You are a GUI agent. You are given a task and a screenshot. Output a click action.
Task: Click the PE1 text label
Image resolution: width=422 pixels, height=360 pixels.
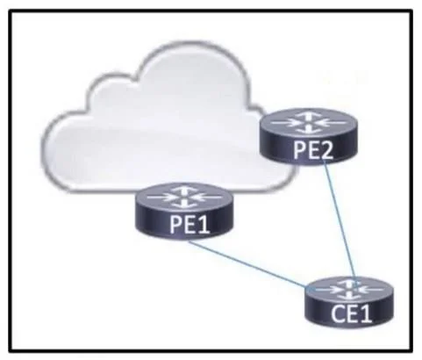pyautogui.click(x=190, y=225)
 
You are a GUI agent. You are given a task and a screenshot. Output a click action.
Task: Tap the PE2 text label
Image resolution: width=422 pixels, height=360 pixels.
pyautogui.click(x=313, y=150)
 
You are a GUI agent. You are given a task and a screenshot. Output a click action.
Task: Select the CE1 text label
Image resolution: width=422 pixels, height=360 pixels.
pyautogui.click(x=351, y=313)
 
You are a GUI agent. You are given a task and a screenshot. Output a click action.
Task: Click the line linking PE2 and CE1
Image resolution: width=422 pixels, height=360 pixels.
pyautogui.click(x=340, y=221)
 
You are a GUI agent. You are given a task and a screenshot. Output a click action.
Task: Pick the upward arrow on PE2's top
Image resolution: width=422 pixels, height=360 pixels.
pyautogui.click(x=309, y=117)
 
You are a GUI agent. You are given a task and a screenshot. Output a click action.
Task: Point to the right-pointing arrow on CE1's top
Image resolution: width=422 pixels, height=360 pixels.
pyautogui.click(x=327, y=290)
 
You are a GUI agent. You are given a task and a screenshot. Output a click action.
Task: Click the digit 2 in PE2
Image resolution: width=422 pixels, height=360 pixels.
pyautogui.click(x=325, y=150)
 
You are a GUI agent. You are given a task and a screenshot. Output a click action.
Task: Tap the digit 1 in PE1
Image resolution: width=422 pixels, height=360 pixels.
pyautogui.click(x=204, y=225)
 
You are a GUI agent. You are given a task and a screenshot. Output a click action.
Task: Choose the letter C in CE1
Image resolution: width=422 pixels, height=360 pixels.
pyautogui.click(x=338, y=314)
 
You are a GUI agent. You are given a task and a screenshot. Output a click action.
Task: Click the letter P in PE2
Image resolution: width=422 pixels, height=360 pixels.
pyautogui.click(x=299, y=151)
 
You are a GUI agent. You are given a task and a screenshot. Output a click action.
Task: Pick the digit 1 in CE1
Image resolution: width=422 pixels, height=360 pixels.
pyautogui.click(x=366, y=313)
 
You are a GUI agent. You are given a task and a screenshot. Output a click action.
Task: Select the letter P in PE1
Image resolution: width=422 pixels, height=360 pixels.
pyautogui.click(x=175, y=226)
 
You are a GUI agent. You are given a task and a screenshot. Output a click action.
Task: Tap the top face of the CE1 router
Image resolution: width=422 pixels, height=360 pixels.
pyautogui.click(x=349, y=290)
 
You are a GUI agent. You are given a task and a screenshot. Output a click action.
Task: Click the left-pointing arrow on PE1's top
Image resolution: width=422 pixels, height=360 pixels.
pyautogui.click(x=206, y=198)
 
